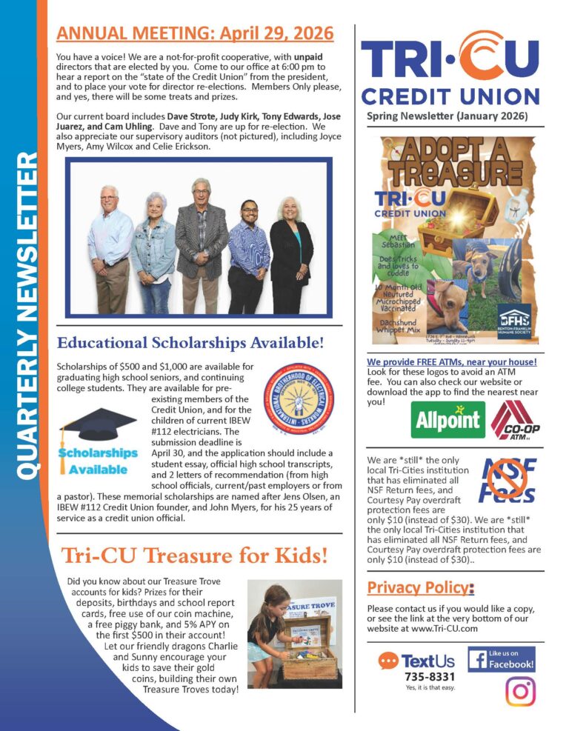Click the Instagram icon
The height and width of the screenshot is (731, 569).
pos(519,691)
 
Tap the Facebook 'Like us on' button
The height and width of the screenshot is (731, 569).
pos(501,659)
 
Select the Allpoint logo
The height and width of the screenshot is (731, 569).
pos(447,419)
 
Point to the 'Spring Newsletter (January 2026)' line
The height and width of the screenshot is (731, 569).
pos(447,116)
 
